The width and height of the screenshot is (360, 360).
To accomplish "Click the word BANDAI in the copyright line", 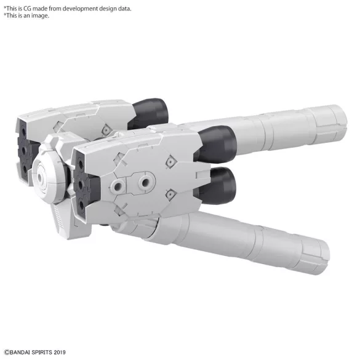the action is click(x=20, y=352).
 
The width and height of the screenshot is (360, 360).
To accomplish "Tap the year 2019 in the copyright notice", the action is click(x=60, y=352).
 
